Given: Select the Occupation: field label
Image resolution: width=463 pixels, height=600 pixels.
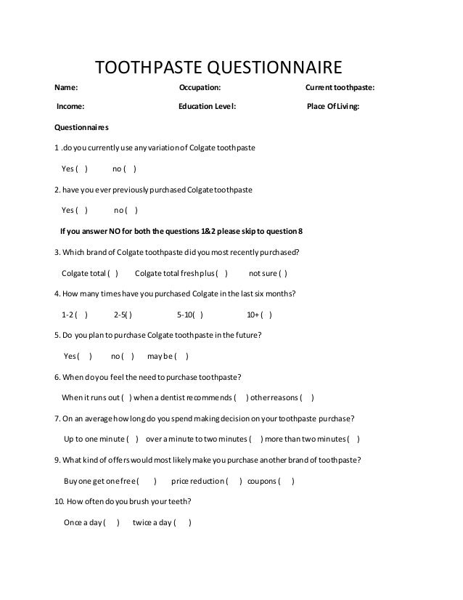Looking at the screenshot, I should tap(200, 88).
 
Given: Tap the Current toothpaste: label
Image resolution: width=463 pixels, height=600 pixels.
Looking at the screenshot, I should tap(340, 88).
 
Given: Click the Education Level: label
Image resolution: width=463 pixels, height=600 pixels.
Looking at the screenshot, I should tap(207, 107).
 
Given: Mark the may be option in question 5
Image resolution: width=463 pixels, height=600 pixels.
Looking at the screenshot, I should tap(168, 357).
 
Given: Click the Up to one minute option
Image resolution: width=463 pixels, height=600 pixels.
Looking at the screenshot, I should tap(101, 439).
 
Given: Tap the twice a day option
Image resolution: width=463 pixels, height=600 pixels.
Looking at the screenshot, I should tap(162, 523).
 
